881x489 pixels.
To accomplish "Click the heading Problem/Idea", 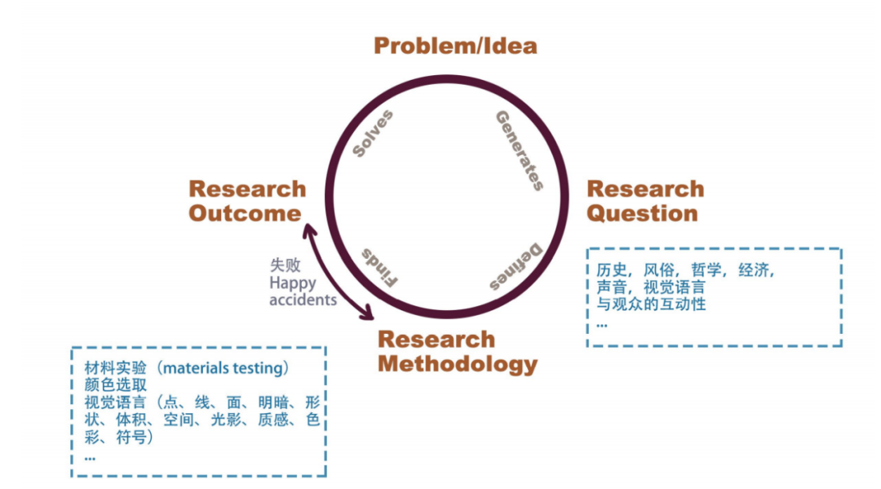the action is point(455,46).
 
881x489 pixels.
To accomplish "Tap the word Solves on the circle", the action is point(373,133).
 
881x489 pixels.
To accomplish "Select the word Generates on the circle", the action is point(520,150).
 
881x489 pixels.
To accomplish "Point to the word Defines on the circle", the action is point(516,267).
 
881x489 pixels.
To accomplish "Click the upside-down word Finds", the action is point(379,266).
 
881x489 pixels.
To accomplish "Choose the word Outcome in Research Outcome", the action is point(245,214).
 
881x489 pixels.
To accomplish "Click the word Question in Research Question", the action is point(643,214).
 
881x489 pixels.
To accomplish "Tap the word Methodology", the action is point(458,364).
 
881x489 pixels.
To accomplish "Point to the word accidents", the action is point(303,300).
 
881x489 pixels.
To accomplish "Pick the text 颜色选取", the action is point(116,385).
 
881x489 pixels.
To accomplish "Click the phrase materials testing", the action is point(225,368).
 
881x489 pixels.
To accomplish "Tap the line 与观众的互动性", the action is point(651,305).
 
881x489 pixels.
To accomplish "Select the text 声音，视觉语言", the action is point(651,287).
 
